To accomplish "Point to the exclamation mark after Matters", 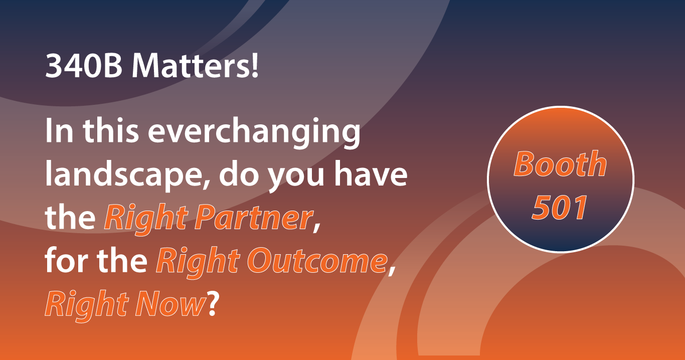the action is tap(254, 66).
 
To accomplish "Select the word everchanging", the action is tap(254, 131).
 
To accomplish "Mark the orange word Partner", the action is tap(254, 217).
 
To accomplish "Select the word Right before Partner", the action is tap(146, 219).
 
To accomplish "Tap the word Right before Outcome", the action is tap(198, 262).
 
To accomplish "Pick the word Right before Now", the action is tap(87, 306).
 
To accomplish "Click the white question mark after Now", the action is tap(213, 303).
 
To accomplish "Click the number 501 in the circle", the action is tap(560, 208).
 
